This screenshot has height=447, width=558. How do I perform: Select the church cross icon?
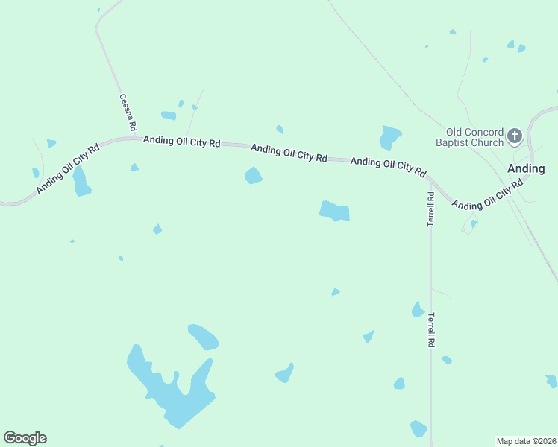pyautogui.click(x=515, y=136)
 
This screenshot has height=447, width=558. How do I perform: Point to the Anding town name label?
pyautogui.click(x=526, y=168)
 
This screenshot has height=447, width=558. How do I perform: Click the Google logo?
pyautogui.click(x=25, y=438)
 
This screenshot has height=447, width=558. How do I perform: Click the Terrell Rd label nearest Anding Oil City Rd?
pyautogui.click(x=430, y=209)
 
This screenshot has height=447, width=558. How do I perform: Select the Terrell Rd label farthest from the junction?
pyautogui.click(x=430, y=330)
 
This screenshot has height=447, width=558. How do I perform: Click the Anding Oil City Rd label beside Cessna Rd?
pyautogui.click(x=181, y=140)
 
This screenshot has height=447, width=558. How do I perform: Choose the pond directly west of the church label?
pyautogui.click(x=389, y=137)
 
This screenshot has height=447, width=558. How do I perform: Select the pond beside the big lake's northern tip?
pyautogui.click(x=203, y=337)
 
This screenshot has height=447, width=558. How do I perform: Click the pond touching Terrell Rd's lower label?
pyautogui.click(x=418, y=309)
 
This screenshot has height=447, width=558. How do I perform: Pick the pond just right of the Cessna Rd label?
pyautogui.click(x=169, y=115)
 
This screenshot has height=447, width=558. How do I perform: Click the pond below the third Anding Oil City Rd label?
pyautogui.click(x=334, y=211)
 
